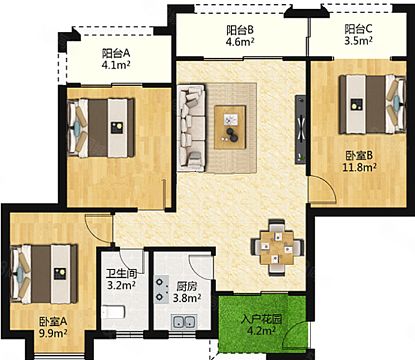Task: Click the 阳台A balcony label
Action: click(116, 53)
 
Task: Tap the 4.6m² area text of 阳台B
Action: click(240, 42)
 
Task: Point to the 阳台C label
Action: click(359, 29)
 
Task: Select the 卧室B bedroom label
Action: click(359, 155)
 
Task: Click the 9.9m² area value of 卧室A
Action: click(53, 333)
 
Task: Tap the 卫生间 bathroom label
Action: click(121, 274)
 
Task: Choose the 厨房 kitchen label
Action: click(187, 286)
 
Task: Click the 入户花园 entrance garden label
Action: click(261, 319)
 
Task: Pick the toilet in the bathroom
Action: click(113, 312)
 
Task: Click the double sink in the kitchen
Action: click(184, 322)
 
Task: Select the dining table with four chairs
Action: click(277, 248)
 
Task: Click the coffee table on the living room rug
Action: click(230, 127)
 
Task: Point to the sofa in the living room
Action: click(191, 128)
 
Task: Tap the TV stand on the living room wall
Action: click(300, 130)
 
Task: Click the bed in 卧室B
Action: click(372, 104)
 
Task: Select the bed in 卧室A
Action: click(44, 274)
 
